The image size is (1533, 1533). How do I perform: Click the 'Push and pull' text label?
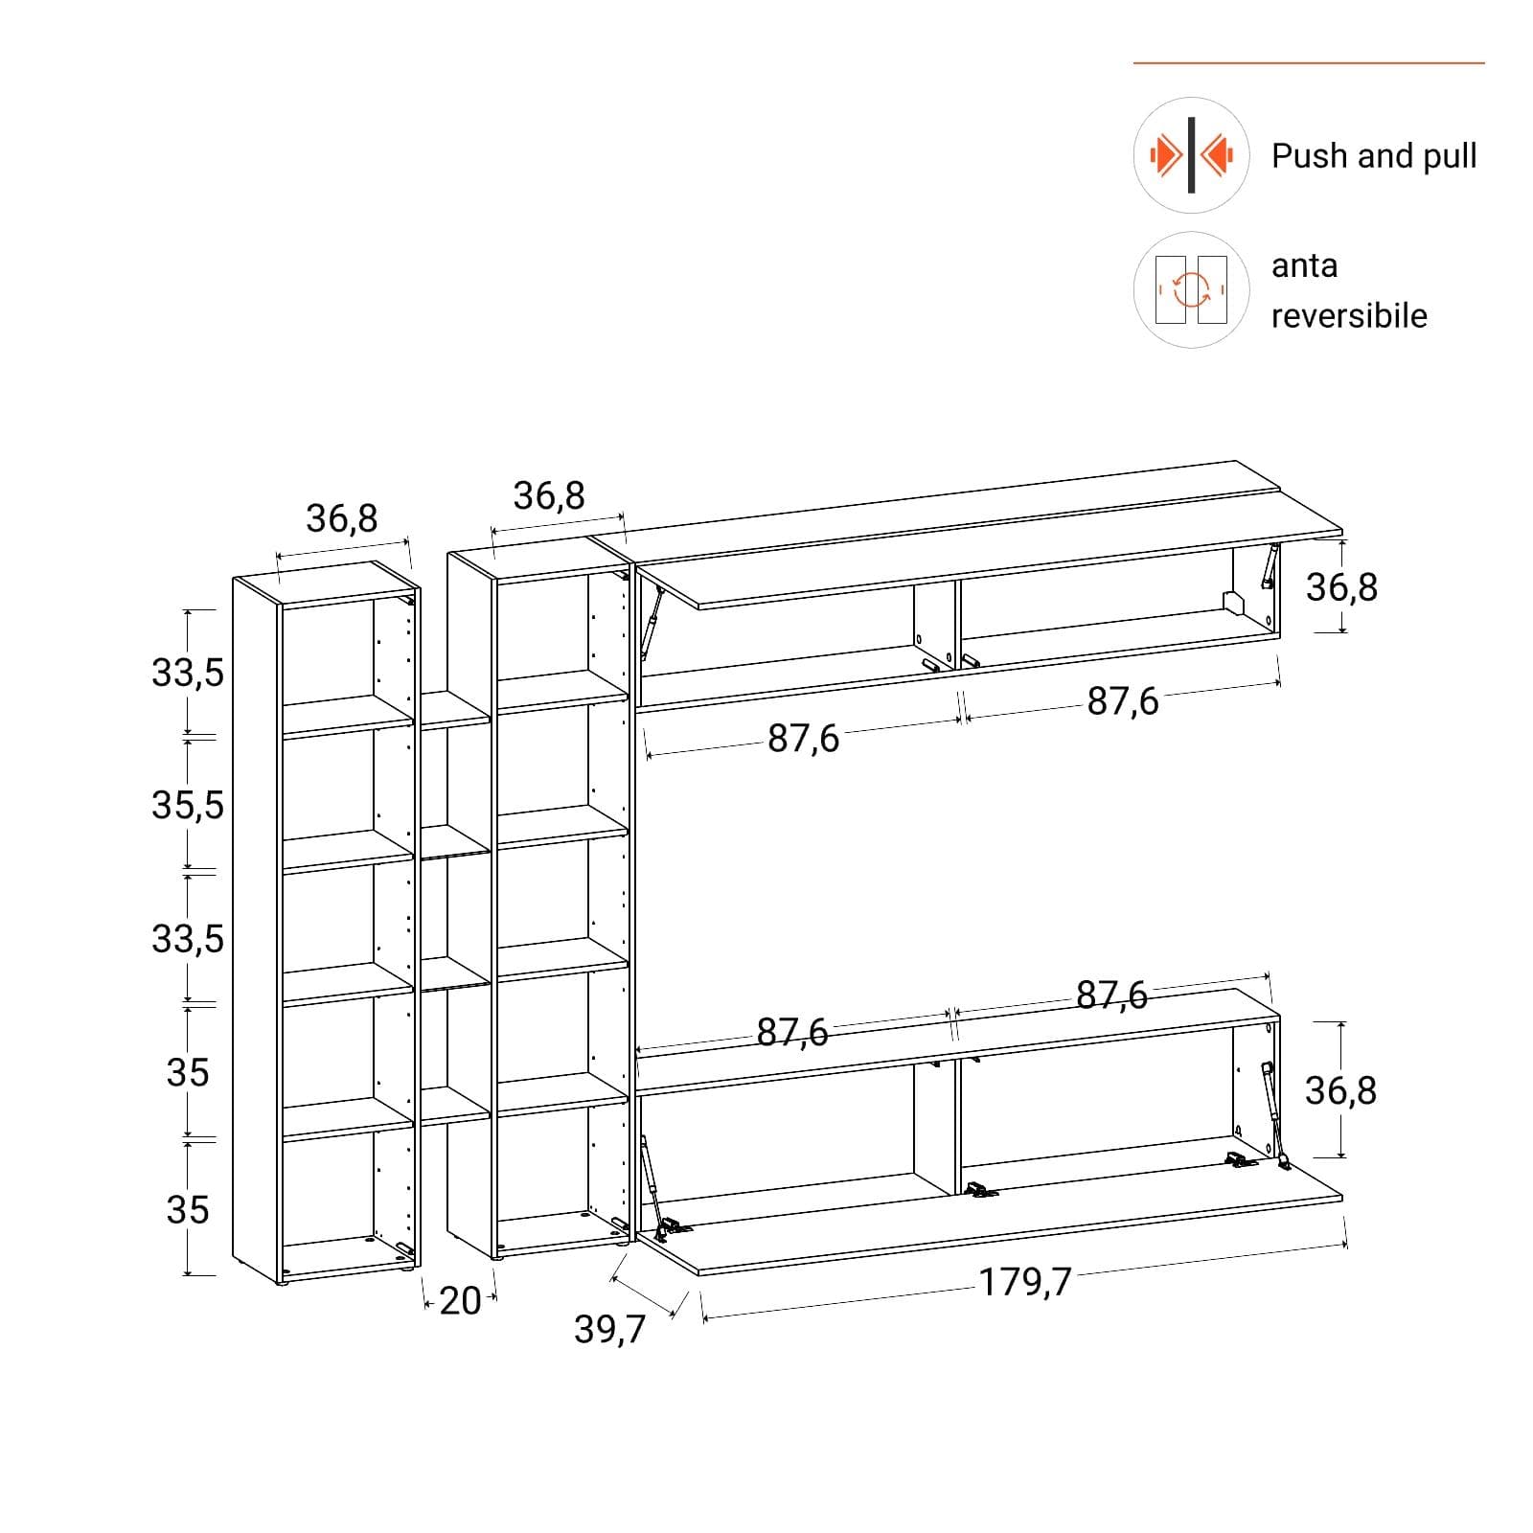(x=1374, y=156)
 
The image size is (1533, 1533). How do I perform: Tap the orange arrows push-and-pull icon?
(x=1191, y=155)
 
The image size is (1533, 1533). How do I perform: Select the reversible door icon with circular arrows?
(x=1191, y=289)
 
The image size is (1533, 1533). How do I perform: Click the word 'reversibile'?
(x=1349, y=315)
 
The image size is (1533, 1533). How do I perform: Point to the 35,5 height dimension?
(x=188, y=805)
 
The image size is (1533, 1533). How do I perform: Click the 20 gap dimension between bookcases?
(x=460, y=1300)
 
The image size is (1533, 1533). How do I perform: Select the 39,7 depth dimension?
(x=610, y=1329)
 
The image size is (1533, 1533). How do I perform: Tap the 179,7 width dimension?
(x=1025, y=1281)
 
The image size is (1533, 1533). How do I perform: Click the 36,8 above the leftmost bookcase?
(x=342, y=518)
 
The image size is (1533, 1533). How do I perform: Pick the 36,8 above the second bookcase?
(x=549, y=495)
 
